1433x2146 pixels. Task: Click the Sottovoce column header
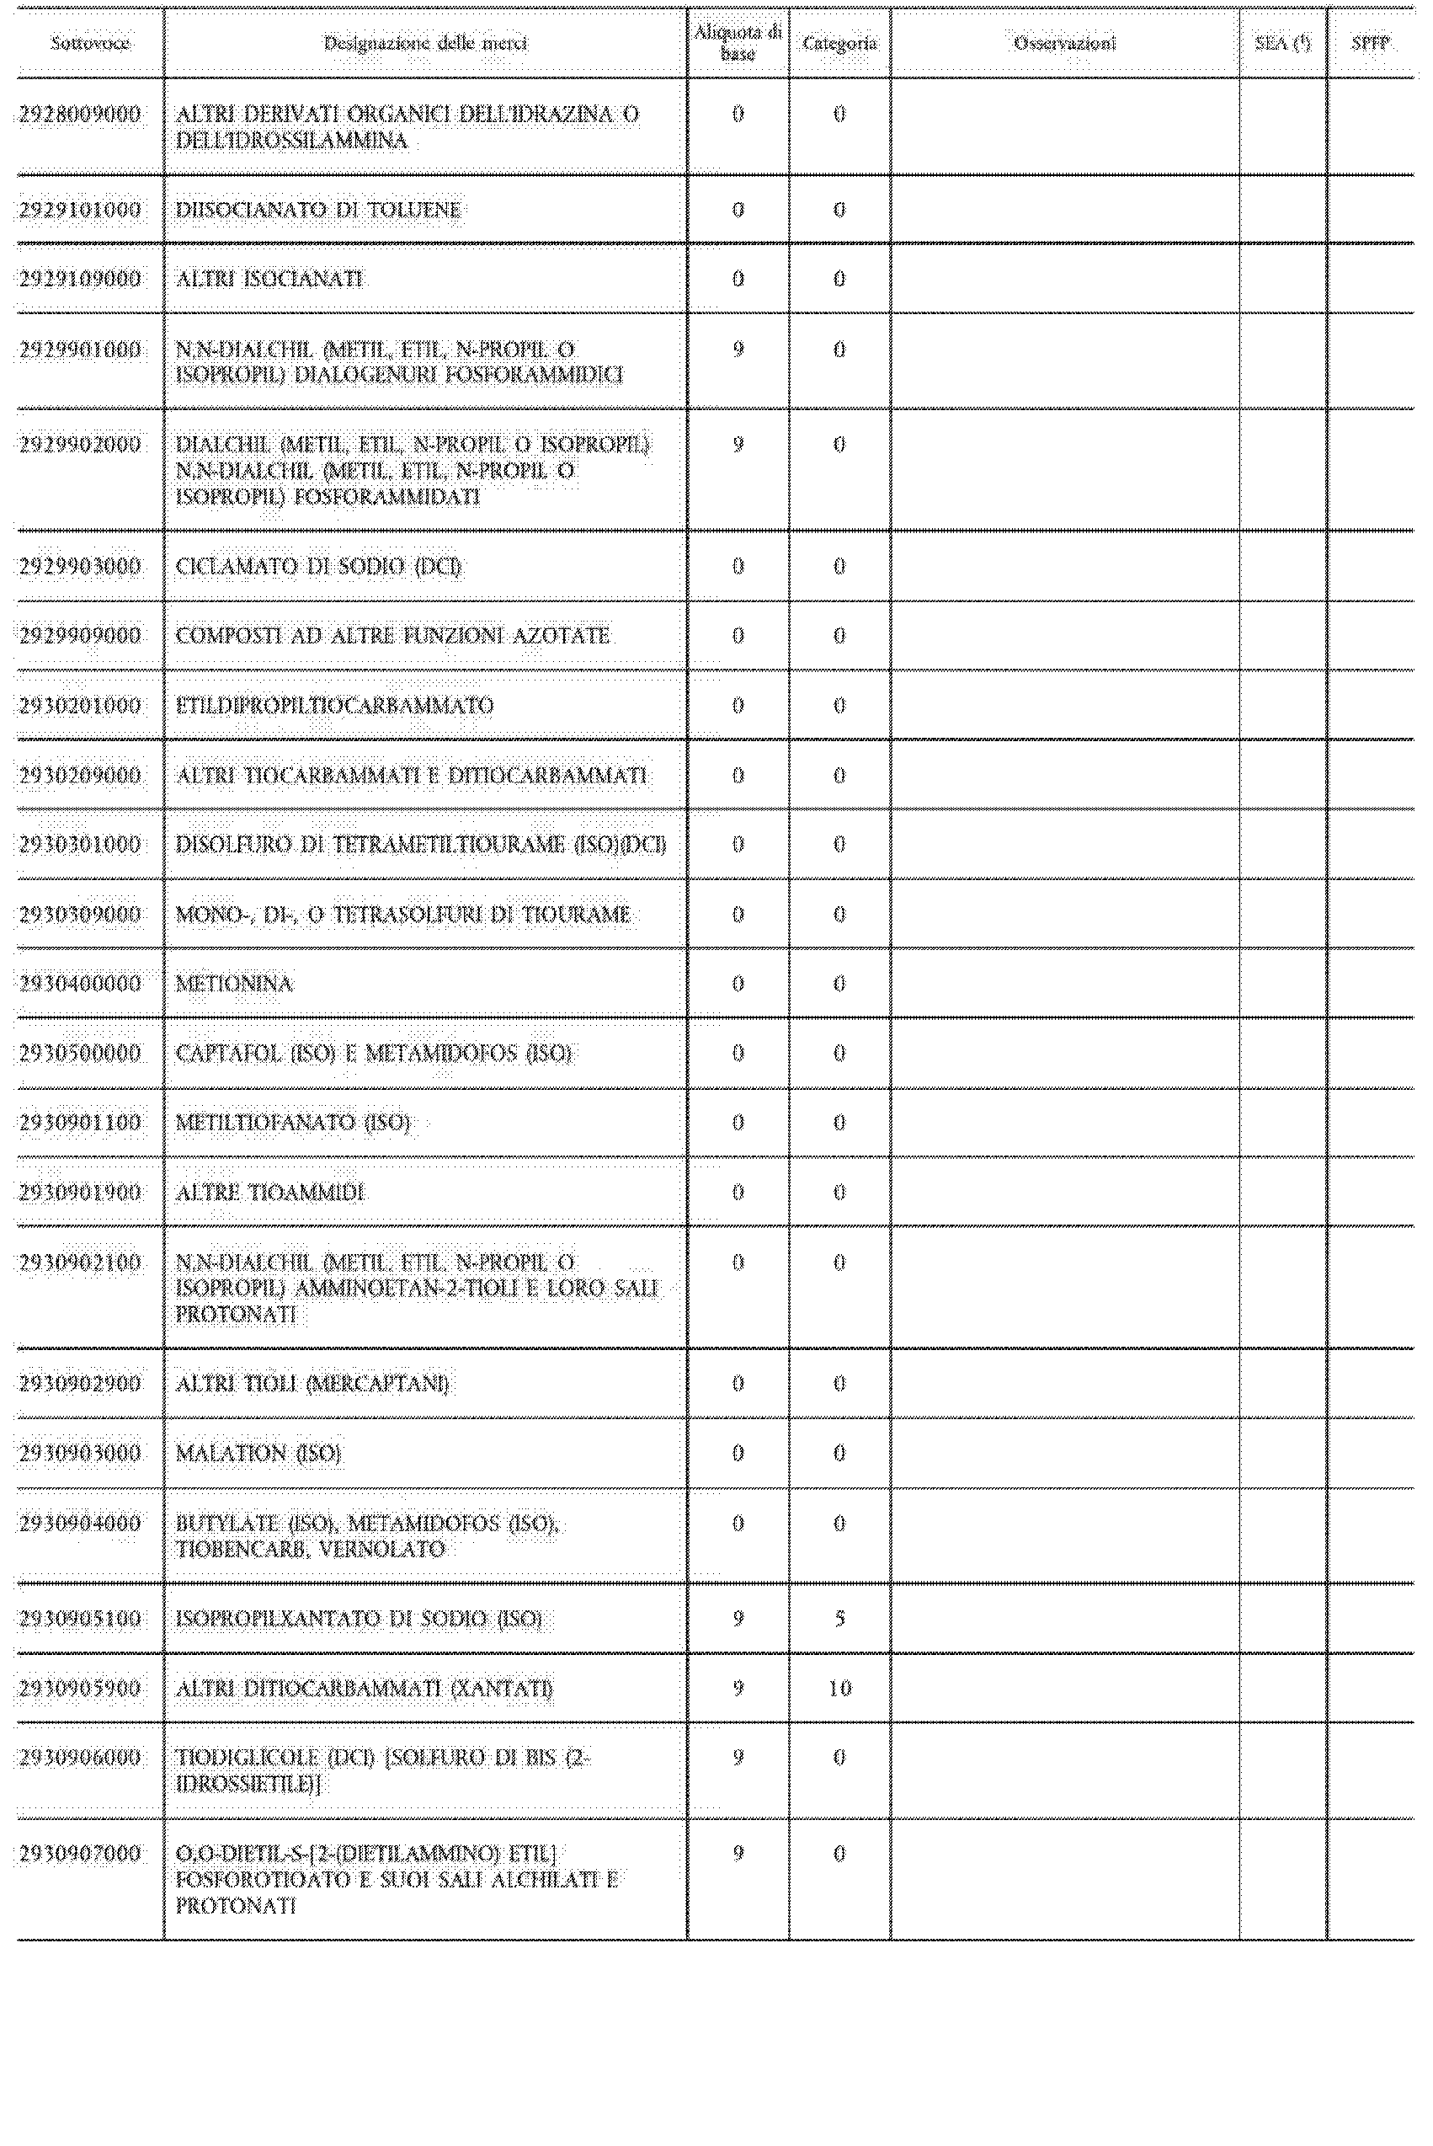(89, 43)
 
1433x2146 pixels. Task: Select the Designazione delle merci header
(425, 43)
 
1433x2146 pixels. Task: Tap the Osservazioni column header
(1065, 43)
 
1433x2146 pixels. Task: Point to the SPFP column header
(1370, 43)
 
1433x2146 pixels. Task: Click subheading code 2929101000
(81, 211)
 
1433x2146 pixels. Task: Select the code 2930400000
(81, 985)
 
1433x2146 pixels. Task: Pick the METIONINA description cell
(234, 985)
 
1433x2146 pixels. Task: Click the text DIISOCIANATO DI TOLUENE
(318, 211)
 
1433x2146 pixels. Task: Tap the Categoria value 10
(839, 1689)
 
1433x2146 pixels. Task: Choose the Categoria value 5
(839, 1619)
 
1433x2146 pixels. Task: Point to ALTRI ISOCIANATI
(269, 279)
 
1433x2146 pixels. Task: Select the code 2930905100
(81, 1619)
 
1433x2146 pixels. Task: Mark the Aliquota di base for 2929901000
(738, 350)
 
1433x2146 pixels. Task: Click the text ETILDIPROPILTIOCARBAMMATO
(334, 706)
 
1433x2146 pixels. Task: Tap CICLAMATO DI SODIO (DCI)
(318, 567)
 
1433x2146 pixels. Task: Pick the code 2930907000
(81, 1854)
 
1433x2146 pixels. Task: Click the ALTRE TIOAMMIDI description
(269, 1193)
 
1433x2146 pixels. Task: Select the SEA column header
(1282, 43)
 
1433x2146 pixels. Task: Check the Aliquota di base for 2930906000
(738, 1758)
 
